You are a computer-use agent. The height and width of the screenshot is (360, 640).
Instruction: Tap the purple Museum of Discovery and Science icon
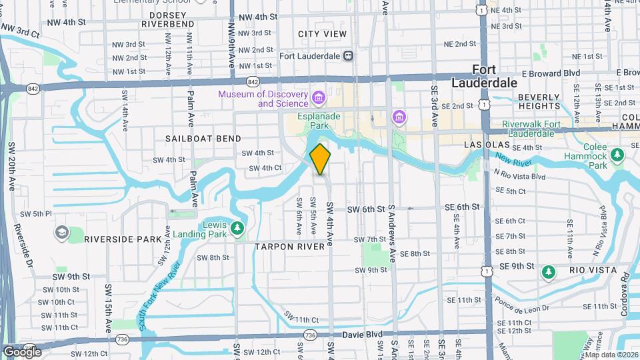pyautogui.click(x=319, y=99)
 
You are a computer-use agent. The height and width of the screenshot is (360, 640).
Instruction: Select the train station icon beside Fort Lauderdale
pyautogui.click(x=348, y=57)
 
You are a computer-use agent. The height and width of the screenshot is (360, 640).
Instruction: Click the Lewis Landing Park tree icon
pyautogui.click(x=237, y=229)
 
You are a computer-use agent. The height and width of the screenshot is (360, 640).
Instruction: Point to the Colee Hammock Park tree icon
pyautogui.click(x=617, y=155)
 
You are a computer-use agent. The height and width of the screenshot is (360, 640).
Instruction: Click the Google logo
pyautogui.click(x=21, y=351)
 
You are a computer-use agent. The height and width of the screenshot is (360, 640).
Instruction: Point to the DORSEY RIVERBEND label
pyautogui.click(x=167, y=19)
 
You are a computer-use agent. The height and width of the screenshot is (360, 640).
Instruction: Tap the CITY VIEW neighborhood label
pyautogui.click(x=323, y=34)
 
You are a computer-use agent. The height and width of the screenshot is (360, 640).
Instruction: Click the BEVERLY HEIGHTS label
pyautogui.click(x=539, y=102)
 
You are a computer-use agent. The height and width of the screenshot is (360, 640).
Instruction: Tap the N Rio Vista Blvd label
pyautogui.click(x=519, y=176)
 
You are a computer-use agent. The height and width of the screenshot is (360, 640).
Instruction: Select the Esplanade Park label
pyautogui.click(x=319, y=121)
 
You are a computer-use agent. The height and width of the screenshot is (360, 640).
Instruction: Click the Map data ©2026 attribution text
pyautogui.click(x=611, y=355)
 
